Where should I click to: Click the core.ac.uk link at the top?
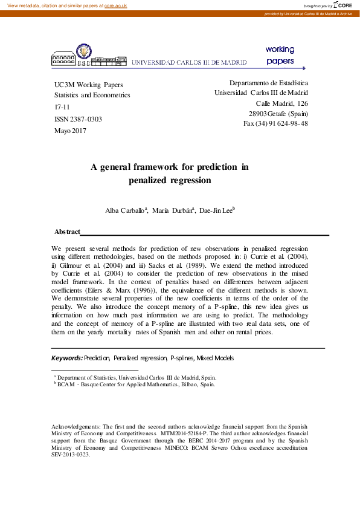(x=115, y=5)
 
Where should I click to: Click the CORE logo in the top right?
(x=344, y=5)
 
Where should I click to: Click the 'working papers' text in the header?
(x=280, y=55)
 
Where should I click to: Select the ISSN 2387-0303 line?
(x=78, y=119)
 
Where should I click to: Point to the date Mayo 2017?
(x=71, y=131)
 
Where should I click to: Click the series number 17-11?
(x=63, y=107)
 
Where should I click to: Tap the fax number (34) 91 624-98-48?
(x=275, y=123)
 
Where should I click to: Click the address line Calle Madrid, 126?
(x=282, y=103)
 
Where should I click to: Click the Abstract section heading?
(x=67, y=232)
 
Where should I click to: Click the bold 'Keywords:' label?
(x=66, y=358)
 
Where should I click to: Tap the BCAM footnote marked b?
(x=134, y=384)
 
